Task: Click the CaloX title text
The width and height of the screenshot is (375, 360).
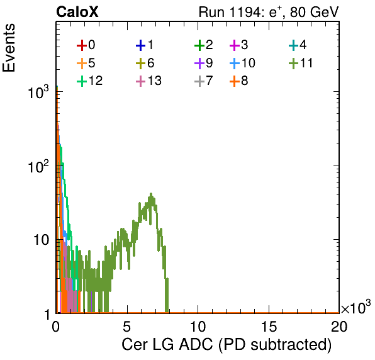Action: (x=77, y=12)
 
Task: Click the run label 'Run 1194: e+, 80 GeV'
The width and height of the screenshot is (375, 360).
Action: (x=269, y=12)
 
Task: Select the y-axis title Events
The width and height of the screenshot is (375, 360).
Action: (x=9, y=48)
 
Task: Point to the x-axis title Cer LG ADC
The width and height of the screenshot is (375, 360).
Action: (x=167, y=344)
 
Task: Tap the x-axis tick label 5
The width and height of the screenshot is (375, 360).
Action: (x=126, y=326)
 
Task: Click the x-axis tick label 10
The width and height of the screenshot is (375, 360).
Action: (x=198, y=326)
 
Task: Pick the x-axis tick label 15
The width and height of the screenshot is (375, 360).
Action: (x=269, y=326)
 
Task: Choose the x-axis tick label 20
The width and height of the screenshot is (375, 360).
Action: (x=339, y=326)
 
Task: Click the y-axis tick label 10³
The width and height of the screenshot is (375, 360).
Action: (x=38, y=93)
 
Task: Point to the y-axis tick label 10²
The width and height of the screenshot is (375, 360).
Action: (x=38, y=166)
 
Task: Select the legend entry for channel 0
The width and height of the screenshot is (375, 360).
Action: (x=86, y=45)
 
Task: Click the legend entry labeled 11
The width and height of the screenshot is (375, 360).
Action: (x=301, y=63)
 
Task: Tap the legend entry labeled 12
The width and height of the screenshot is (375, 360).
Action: (x=90, y=81)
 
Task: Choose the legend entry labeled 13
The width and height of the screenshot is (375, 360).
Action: (x=148, y=81)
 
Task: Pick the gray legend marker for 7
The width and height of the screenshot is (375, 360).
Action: (x=199, y=81)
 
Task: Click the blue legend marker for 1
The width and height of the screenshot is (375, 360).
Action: (x=141, y=45)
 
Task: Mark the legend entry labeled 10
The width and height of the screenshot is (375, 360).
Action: (x=242, y=63)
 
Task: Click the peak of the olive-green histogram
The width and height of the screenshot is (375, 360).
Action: (x=151, y=193)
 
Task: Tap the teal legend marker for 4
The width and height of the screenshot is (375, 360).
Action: (x=293, y=45)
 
